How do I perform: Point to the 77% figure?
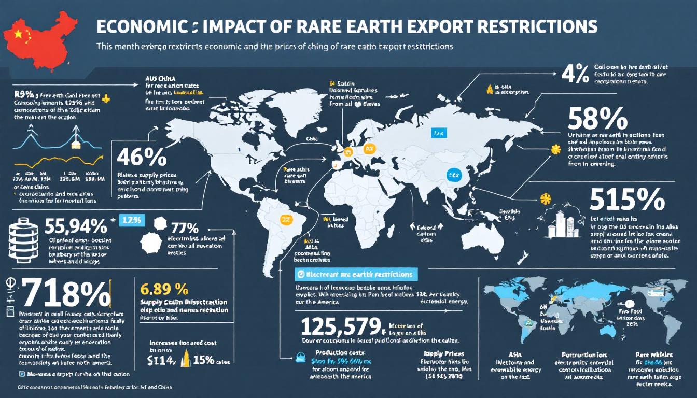184,228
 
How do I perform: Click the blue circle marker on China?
455,176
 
